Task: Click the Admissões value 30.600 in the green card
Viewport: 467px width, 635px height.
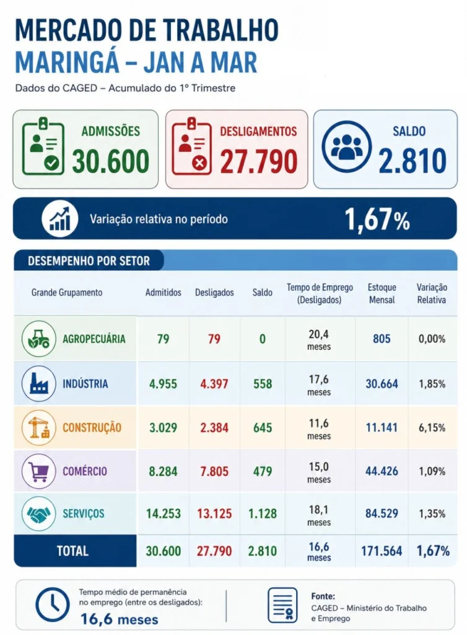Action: (111, 161)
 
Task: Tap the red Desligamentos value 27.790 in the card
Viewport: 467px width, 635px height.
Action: (259, 161)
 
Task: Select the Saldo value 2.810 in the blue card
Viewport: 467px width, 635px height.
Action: (412, 161)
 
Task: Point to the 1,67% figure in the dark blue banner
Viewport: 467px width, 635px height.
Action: (377, 219)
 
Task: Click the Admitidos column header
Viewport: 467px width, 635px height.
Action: (164, 292)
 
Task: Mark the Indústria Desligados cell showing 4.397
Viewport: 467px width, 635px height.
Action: (214, 384)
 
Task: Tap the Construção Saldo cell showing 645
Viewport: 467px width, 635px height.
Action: (263, 428)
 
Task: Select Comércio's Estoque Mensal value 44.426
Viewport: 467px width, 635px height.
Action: (382, 471)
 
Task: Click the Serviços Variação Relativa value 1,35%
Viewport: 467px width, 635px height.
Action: (432, 514)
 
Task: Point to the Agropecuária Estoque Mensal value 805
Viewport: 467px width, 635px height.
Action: (382, 339)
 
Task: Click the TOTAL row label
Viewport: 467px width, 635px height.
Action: (72, 551)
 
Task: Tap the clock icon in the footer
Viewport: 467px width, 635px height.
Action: (53, 604)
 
